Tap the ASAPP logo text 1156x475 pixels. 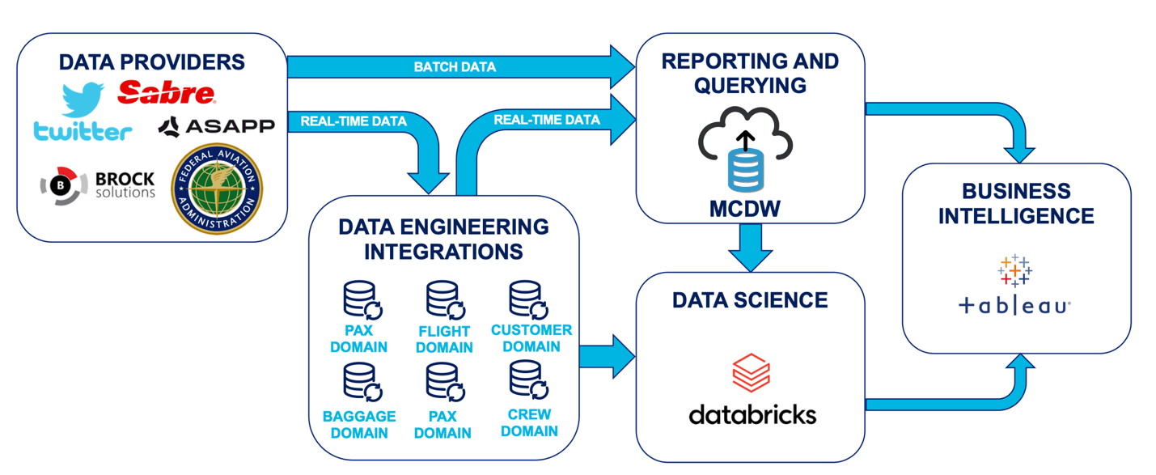tap(216, 125)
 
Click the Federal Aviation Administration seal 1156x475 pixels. tap(217, 189)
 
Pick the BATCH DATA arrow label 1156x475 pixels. tap(455, 66)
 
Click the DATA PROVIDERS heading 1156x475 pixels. tap(152, 62)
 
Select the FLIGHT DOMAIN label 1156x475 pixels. tap(444, 339)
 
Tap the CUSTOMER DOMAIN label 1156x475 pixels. tap(531, 338)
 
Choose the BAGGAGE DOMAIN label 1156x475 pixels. tap(359, 425)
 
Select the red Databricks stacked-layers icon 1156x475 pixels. tap(751, 372)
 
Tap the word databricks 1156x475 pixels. tap(752, 415)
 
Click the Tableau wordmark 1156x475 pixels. tap(1014, 306)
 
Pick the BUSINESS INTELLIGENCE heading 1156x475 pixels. tap(1016, 204)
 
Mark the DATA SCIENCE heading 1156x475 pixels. tap(750, 300)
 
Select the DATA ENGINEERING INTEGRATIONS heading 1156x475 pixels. tap(443, 239)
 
